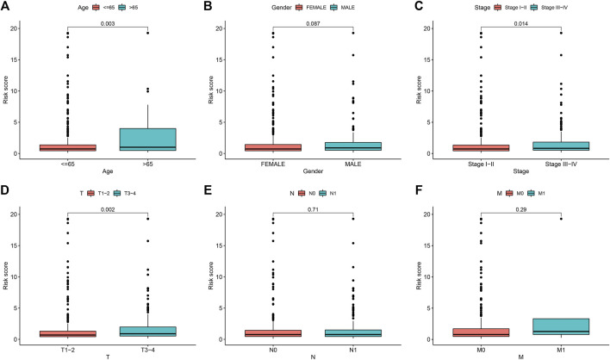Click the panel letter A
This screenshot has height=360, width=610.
[8, 7]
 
